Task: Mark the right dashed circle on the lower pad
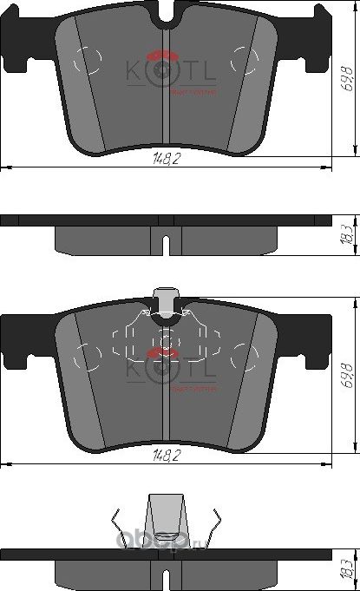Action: coord(242,355)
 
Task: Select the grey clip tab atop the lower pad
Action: coord(165,302)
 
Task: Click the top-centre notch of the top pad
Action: coord(165,13)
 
